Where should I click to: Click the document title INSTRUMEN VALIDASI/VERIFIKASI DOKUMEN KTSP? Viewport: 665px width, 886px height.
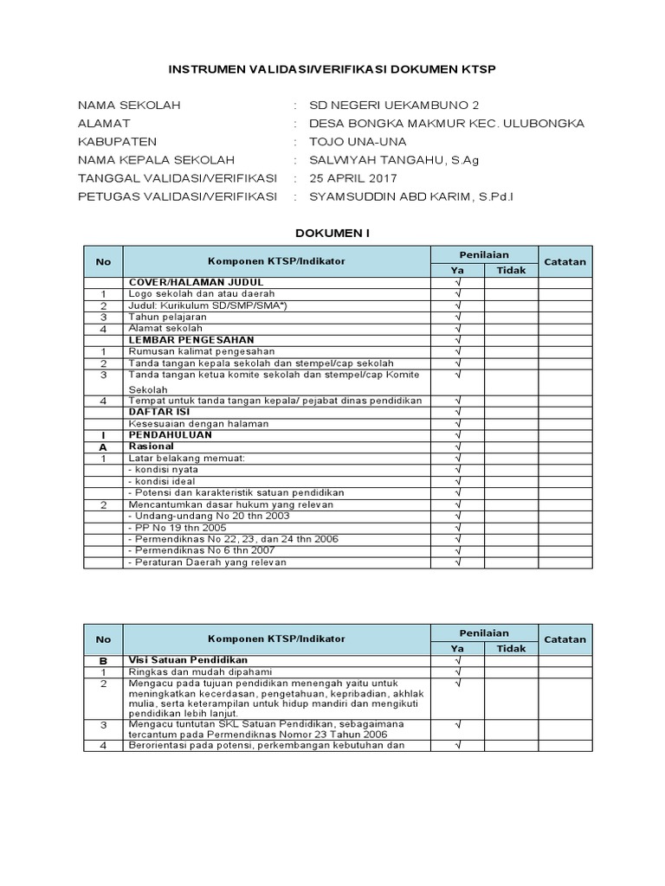(332, 69)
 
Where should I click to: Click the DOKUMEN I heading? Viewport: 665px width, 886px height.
(332, 233)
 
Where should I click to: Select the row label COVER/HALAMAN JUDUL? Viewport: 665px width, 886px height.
(196, 282)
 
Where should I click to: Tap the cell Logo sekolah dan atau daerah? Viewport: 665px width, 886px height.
(201, 294)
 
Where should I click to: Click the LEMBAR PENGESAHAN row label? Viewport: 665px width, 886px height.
(190, 340)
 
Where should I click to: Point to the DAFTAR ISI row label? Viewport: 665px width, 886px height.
(158, 411)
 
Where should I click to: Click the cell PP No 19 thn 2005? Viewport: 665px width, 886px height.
(178, 527)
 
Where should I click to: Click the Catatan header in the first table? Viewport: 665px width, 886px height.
(565, 261)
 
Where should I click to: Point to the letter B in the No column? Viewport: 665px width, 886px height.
(103, 660)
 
